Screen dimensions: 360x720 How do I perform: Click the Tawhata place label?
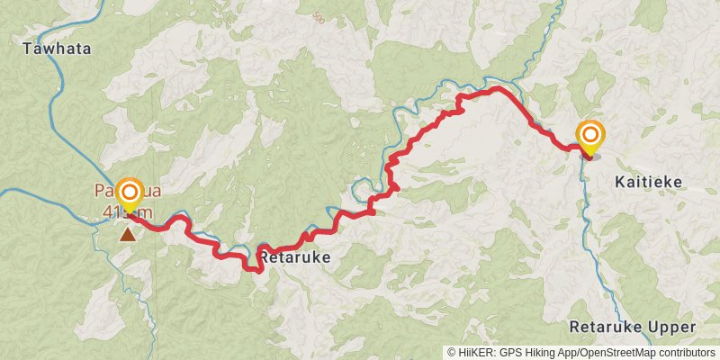coord(57,49)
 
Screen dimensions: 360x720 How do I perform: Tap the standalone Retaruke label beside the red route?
coord(295,258)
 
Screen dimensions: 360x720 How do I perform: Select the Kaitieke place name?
coord(648,182)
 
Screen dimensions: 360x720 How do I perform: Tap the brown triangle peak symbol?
coord(130,235)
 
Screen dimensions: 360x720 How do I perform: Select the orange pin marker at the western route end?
coord(130,193)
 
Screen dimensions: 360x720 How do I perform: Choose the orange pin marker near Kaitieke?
coord(590,137)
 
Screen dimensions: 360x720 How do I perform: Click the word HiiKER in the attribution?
coord(473,352)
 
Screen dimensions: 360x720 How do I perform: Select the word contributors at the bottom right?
coord(687,352)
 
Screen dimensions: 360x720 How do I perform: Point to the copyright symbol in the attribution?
coord(452,352)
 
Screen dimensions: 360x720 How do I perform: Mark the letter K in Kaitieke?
coord(620,182)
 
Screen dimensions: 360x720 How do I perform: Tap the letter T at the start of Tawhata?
coord(27,49)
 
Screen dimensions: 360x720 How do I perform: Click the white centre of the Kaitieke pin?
coord(590,135)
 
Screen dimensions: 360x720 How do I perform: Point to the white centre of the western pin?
coord(130,192)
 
